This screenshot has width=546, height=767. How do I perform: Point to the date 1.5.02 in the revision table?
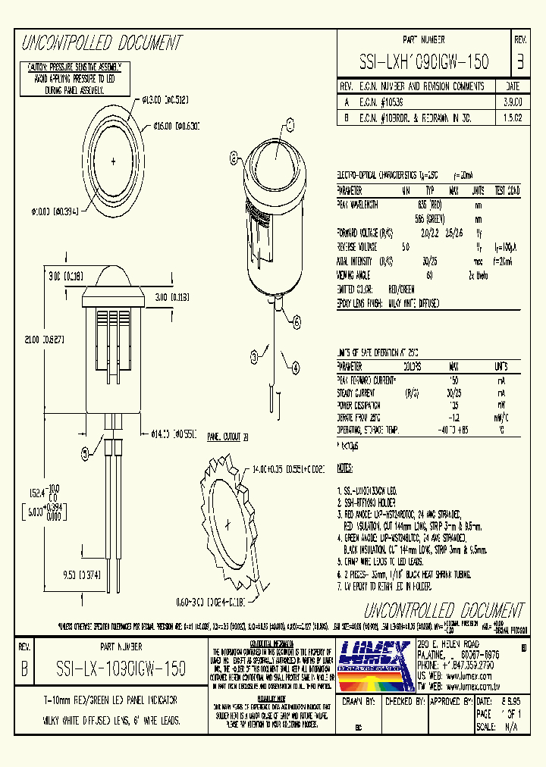(x=512, y=118)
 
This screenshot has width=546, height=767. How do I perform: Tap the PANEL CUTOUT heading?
(x=223, y=437)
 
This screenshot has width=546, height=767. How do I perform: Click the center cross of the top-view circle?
(x=114, y=161)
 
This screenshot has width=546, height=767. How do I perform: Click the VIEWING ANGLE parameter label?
(x=355, y=275)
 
